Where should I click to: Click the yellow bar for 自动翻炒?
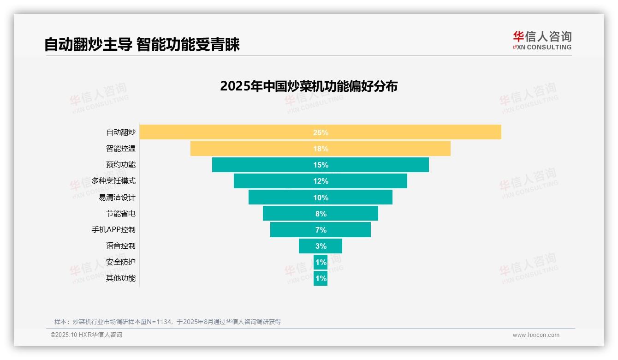[231, 132]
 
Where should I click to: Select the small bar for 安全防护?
[321, 262]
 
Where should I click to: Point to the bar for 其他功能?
[321, 278]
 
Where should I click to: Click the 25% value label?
[321, 132]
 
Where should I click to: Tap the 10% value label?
[321, 198]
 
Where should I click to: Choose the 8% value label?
[321, 214]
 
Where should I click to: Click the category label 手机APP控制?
[113, 230]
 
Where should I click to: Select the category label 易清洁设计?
[117, 198]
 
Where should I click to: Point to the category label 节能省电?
[121, 214]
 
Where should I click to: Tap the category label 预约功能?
[121, 165]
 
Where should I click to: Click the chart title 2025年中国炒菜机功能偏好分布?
[309, 86]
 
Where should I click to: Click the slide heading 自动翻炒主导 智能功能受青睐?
[142, 45]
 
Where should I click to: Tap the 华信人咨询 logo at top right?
[542, 40]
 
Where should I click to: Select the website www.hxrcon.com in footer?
[536, 335]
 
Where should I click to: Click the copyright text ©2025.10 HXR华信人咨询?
[86, 335]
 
